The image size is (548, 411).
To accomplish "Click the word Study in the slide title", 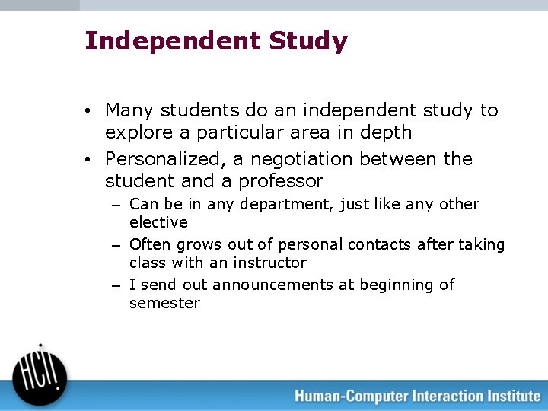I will tap(308, 41).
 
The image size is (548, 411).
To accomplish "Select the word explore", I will tap(133, 133).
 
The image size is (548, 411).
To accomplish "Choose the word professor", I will tap(281, 181).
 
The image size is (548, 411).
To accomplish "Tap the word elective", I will tap(158, 222).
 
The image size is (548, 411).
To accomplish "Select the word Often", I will tap(151, 244).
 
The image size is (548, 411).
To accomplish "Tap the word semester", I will tap(164, 303).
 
